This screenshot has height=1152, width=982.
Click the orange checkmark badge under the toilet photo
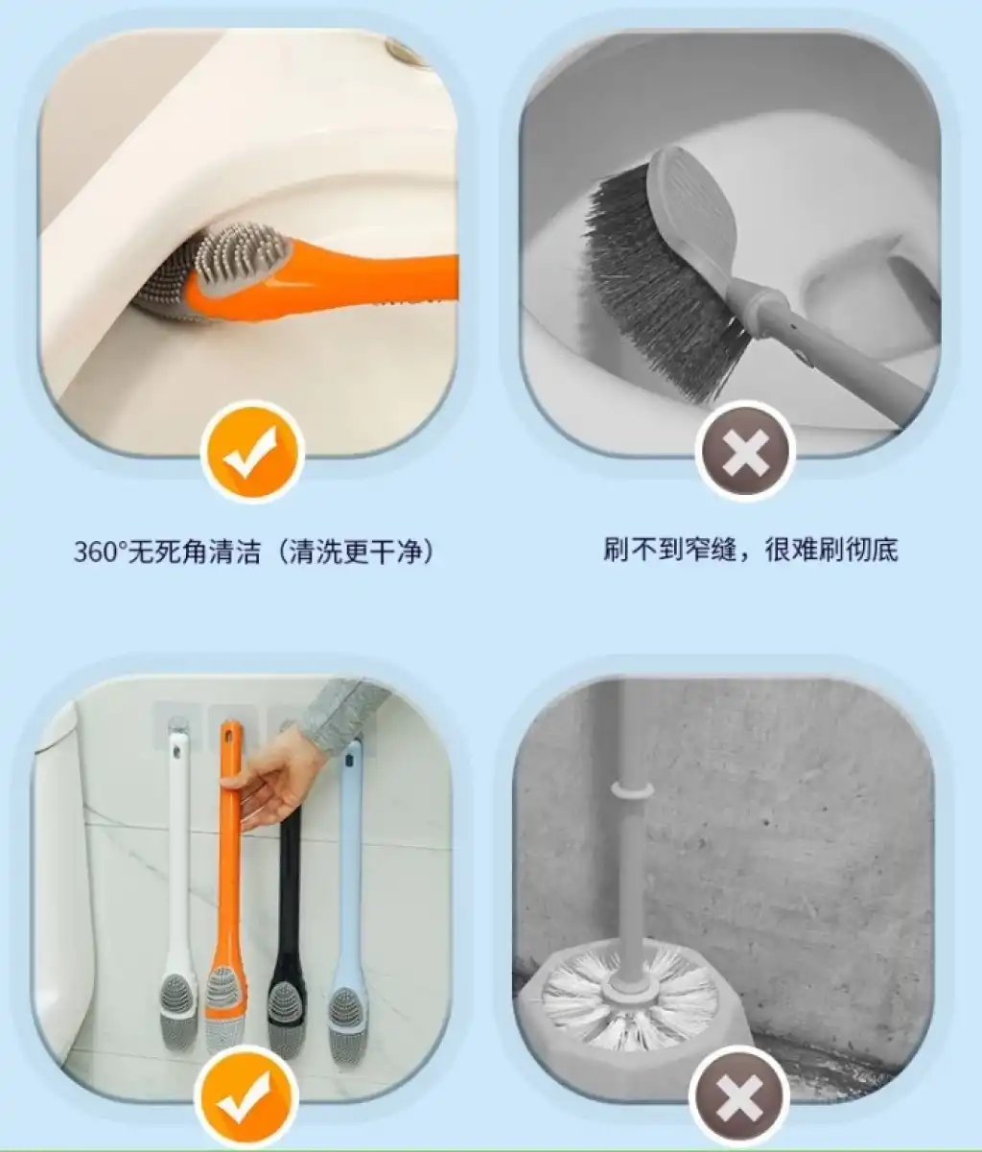tap(252, 452)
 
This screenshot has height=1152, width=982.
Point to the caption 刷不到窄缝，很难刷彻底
tap(751, 550)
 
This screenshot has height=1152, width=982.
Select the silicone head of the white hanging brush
tap(178, 1009)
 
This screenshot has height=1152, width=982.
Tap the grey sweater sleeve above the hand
tap(344, 713)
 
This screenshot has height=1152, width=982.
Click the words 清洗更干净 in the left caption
tap(355, 552)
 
